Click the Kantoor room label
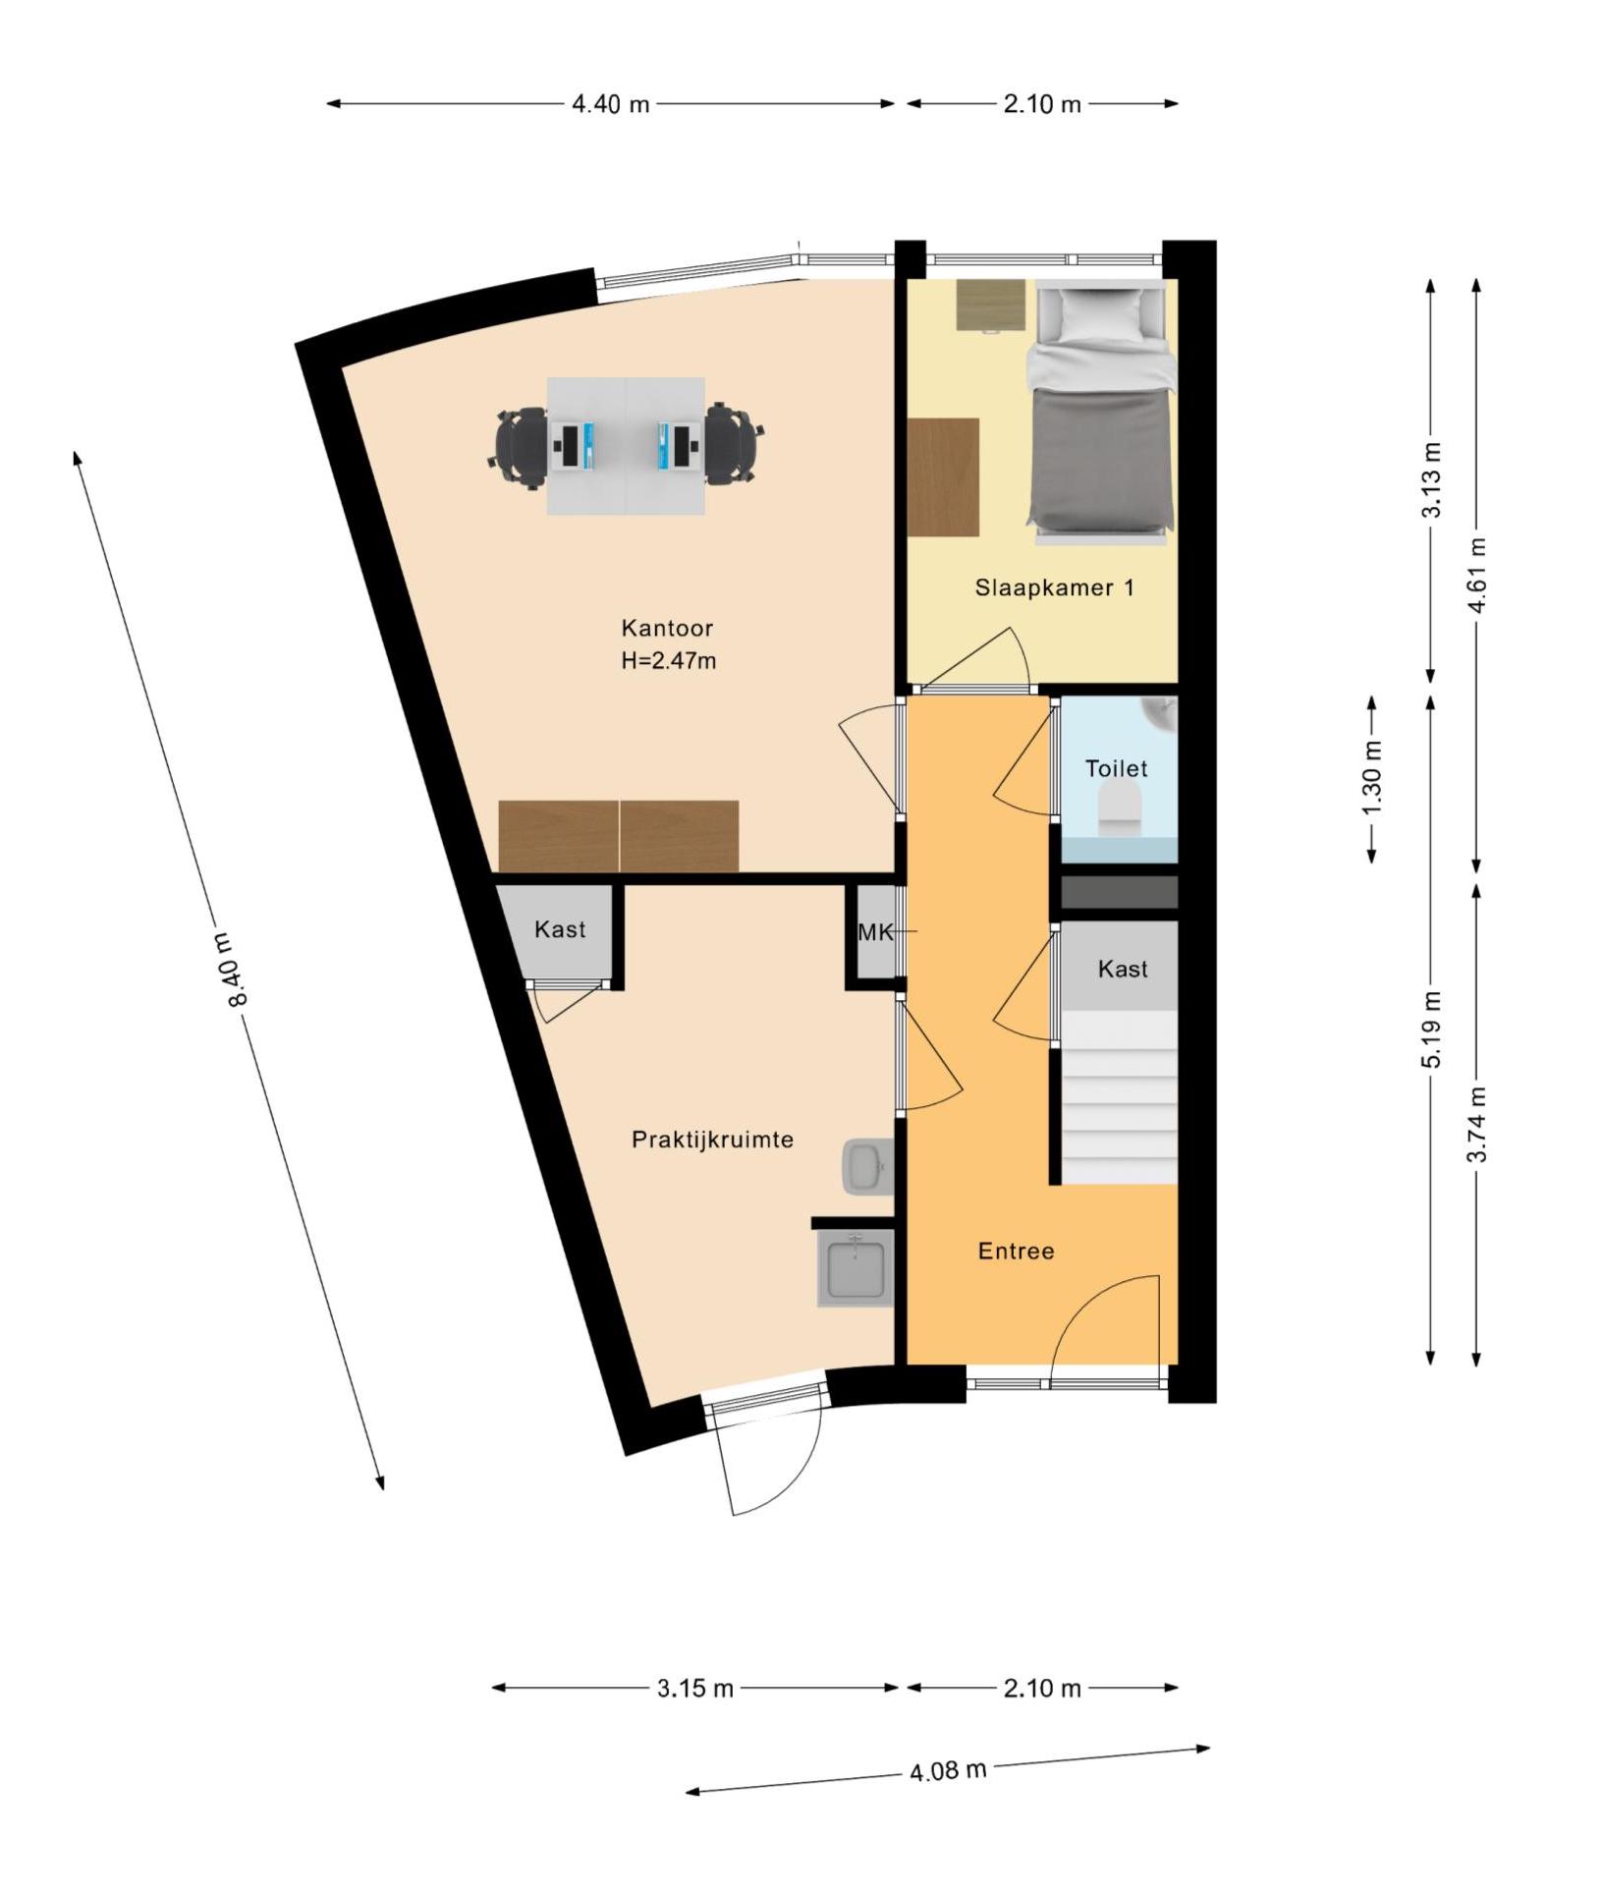click(x=667, y=628)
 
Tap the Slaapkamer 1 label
click(x=1054, y=587)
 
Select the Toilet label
click(x=1116, y=768)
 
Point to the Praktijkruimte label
click(x=712, y=1140)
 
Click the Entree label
click(x=1016, y=1251)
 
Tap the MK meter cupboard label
click(x=876, y=932)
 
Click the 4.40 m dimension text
click(x=611, y=103)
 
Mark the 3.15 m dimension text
click(x=695, y=1689)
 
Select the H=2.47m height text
click(x=668, y=661)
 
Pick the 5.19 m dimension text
click(x=1433, y=1030)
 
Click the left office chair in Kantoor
click(x=520, y=447)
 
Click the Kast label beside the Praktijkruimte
click(x=560, y=929)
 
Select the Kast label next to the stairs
click(x=1123, y=970)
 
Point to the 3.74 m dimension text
click(x=1477, y=1124)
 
